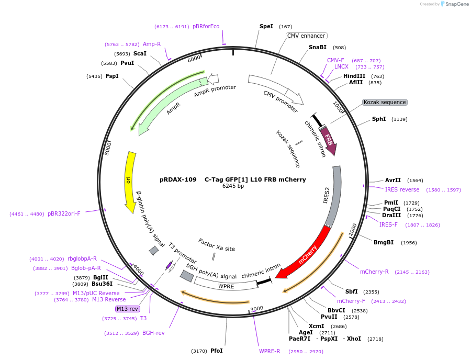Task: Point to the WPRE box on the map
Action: [x=226, y=286]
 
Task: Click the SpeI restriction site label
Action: [x=266, y=26]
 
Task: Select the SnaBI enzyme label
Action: [x=317, y=47]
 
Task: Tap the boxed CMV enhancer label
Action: [x=306, y=36]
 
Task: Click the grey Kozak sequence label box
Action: [x=385, y=102]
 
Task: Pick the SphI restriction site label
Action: [x=379, y=119]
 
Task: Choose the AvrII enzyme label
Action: [x=392, y=180]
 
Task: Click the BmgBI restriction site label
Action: [x=383, y=242]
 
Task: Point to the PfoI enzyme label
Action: [x=217, y=351]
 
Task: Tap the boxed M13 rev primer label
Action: [x=127, y=309]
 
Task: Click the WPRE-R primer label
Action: [x=270, y=351]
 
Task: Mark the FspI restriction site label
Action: [x=112, y=76]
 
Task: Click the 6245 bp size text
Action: [x=233, y=186]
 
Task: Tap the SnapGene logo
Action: [x=451, y=4]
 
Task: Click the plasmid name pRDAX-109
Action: [x=178, y=179]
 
